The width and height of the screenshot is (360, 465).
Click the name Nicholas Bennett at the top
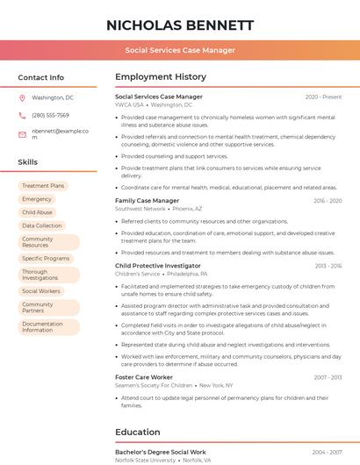[180, 25]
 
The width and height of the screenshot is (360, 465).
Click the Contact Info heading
[41, 77]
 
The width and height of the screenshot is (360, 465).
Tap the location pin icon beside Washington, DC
[22, 97]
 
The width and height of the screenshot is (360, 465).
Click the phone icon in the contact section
[22, 115]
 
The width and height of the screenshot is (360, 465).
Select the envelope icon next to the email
[22, 133]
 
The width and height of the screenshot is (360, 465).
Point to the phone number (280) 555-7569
[50, 115]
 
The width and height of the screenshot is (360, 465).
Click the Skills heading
[28, 162]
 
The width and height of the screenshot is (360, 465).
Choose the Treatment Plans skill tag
[43, 186]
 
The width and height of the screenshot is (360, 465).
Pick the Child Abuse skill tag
[37, 212]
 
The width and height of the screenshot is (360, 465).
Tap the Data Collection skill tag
[42, 225]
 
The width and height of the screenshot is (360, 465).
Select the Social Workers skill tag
[41, 291]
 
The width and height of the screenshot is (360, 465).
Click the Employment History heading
[161, 77]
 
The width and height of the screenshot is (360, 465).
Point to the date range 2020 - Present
[323, 97]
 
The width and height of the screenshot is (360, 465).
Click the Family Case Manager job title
[147, 201]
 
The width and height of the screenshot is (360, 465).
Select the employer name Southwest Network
[140, 209]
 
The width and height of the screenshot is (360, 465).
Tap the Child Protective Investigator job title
[158, 265]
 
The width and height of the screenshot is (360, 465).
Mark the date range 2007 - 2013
[328, 377]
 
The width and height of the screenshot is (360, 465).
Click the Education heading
[137, 432]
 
